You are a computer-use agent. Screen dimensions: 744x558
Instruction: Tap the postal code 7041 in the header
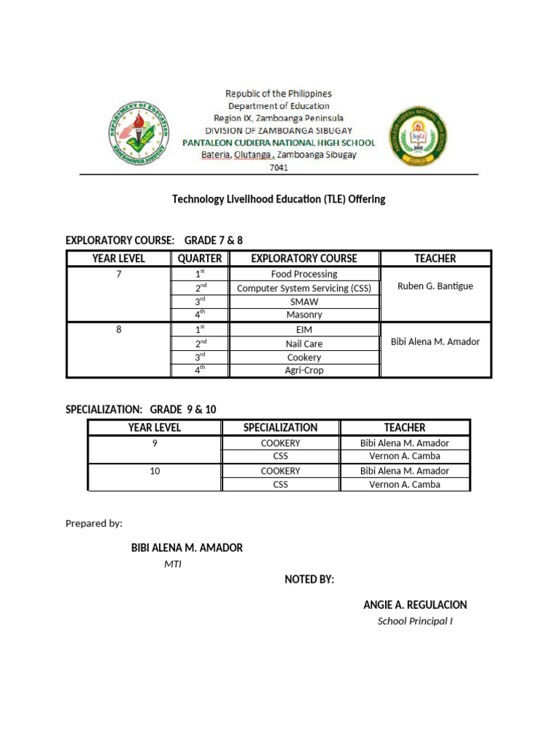click(x=278, y=167)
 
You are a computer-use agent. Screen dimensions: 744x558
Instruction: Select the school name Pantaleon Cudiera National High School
click(x=278, y=142)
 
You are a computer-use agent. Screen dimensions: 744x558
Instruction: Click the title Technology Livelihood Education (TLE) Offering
click(x=278, y=199)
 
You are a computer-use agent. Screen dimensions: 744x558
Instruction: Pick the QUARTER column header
click(x=200, y=258)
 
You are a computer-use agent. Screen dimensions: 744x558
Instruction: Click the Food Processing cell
click(x=304, y=274)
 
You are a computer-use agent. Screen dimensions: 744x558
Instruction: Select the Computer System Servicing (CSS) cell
click(x=304, y=288)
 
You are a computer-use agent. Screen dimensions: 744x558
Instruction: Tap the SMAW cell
click(x=304, y=302)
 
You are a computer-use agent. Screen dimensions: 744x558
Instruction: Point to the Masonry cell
click(x=304, y=315)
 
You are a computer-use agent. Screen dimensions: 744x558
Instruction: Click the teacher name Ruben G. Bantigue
click(x=435, y=286)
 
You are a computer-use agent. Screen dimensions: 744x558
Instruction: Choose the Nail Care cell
click(x=304, y=344)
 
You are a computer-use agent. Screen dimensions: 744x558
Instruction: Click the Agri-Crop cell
click(x=304, y=371)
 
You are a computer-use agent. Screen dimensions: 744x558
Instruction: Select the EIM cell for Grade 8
click(x=304, y=330)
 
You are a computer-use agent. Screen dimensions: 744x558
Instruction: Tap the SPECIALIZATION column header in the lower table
click(x=280, y=427)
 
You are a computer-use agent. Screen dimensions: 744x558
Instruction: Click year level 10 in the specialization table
click(x=155, y=471)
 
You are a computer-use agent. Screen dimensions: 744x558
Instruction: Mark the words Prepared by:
click(x=94, y=523)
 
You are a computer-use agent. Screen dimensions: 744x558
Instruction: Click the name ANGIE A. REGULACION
click(x=415, y=604)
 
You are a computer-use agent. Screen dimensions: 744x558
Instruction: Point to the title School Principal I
click(x=415, y=621)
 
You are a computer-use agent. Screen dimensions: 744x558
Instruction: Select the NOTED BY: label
click(x=310, y=579)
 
